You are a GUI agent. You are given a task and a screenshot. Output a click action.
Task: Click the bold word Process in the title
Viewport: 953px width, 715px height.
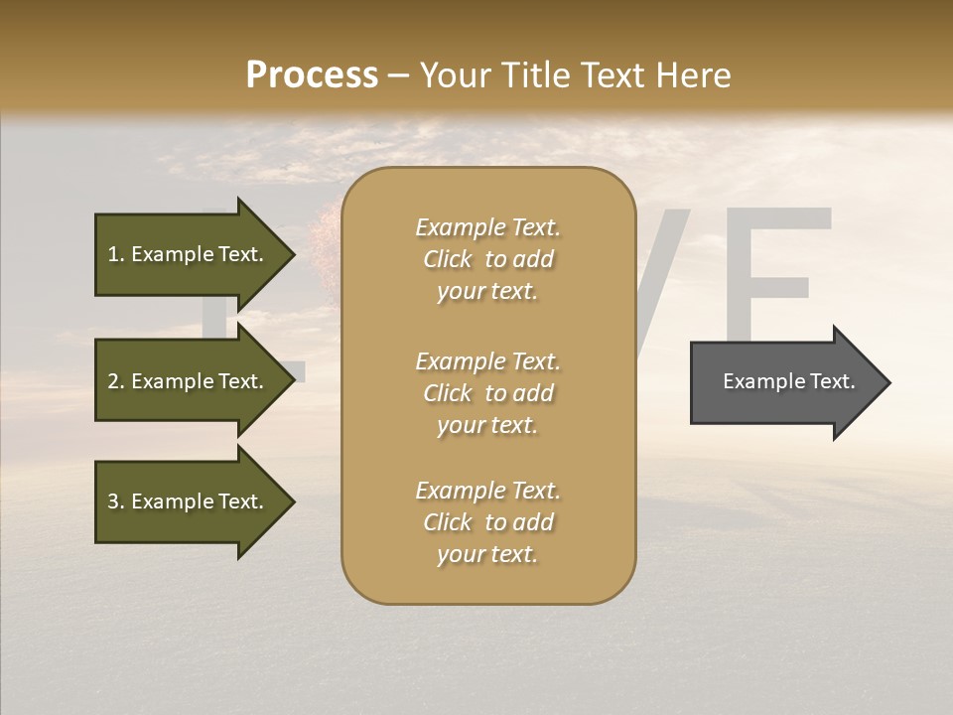click(x=312, y=75)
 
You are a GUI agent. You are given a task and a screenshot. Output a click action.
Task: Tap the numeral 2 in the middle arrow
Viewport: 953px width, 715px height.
click(x=113, y=381)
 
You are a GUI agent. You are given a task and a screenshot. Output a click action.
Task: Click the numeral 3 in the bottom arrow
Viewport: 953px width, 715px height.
click(x=113, y=501)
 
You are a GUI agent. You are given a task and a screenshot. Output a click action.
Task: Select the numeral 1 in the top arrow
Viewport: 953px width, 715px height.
click(x=113, y=254)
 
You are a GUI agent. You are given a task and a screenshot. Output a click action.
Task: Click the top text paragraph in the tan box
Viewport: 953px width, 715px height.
click(x=487, y=259)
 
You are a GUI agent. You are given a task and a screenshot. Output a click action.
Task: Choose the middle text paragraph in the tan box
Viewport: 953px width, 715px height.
click(x=487, y=393)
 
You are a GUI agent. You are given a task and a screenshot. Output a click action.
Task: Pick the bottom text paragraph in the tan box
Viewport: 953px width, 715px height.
click(x=487, y=522)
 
